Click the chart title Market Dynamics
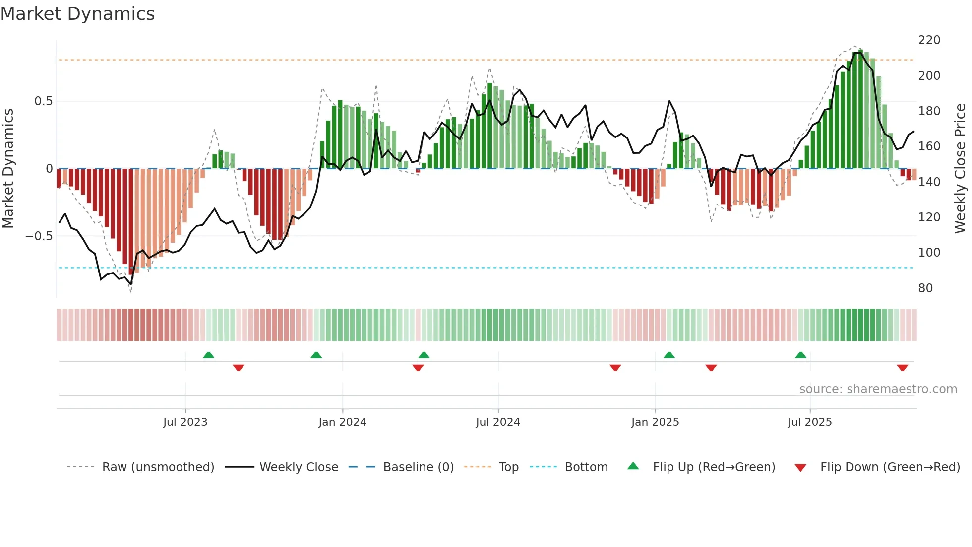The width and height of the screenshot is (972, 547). tap(78, 14)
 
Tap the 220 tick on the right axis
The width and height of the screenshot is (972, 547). tap(929, 40)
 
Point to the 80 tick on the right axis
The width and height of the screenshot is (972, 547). tap(925, 288)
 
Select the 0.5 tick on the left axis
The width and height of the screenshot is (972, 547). tap(43, 101)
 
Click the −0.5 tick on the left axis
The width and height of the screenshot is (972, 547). tap(39, 236)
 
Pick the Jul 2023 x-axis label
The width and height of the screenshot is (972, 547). tap(185, 422)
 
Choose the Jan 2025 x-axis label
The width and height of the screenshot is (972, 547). tap(655, 422)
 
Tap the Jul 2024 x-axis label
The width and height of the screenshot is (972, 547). tap(497, 422)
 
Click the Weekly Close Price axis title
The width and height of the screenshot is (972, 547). tap(960, 168)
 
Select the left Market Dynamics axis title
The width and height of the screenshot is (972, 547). tap(8, 168)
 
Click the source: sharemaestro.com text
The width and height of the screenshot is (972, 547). tap(878, 389)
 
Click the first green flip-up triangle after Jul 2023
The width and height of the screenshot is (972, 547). tap(208, 355)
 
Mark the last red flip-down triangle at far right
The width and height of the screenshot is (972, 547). tap(902, 368)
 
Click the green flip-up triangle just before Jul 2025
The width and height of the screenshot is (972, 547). tap(800, 355)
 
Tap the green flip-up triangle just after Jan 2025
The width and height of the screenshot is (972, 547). tap(669, 355)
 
